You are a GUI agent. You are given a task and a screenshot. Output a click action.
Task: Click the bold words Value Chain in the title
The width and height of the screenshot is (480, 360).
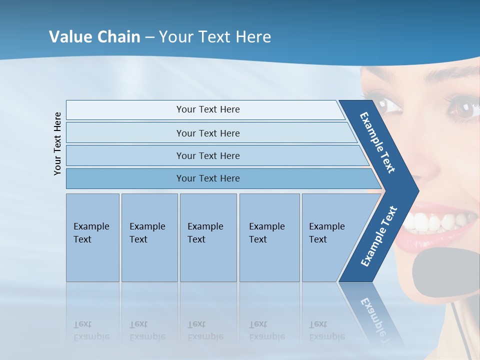(94, 36)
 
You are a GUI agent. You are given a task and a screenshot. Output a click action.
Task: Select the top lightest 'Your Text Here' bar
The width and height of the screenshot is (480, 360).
(207, 109)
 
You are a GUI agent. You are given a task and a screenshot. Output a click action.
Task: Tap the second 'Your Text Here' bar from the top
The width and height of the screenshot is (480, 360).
(207, 133)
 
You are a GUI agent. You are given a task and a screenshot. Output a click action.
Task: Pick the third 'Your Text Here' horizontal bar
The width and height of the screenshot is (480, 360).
(207, 155)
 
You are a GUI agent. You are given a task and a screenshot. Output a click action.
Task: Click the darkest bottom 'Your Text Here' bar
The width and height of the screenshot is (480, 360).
(207, 178)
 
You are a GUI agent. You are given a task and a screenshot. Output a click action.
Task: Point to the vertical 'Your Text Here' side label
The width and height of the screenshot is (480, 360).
(57, 143)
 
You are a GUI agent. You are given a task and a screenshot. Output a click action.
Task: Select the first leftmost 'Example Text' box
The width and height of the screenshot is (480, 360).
(92, 237)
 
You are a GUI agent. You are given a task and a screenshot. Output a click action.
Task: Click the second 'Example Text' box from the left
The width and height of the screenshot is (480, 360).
(149, 237)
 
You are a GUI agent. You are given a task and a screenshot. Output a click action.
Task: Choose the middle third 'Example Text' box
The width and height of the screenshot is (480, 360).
(208, 237)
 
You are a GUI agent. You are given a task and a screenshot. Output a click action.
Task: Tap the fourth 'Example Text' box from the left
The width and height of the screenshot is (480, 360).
(269, 237)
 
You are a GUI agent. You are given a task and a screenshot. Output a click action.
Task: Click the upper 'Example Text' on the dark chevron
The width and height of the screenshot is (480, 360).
(377, 142)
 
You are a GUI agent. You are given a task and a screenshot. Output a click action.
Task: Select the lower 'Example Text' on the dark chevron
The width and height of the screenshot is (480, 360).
(379, 236)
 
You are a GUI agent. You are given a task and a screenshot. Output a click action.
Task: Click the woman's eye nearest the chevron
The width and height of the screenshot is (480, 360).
(389, 106)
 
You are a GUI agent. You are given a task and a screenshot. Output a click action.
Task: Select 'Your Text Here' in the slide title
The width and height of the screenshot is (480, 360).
(215, 36)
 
